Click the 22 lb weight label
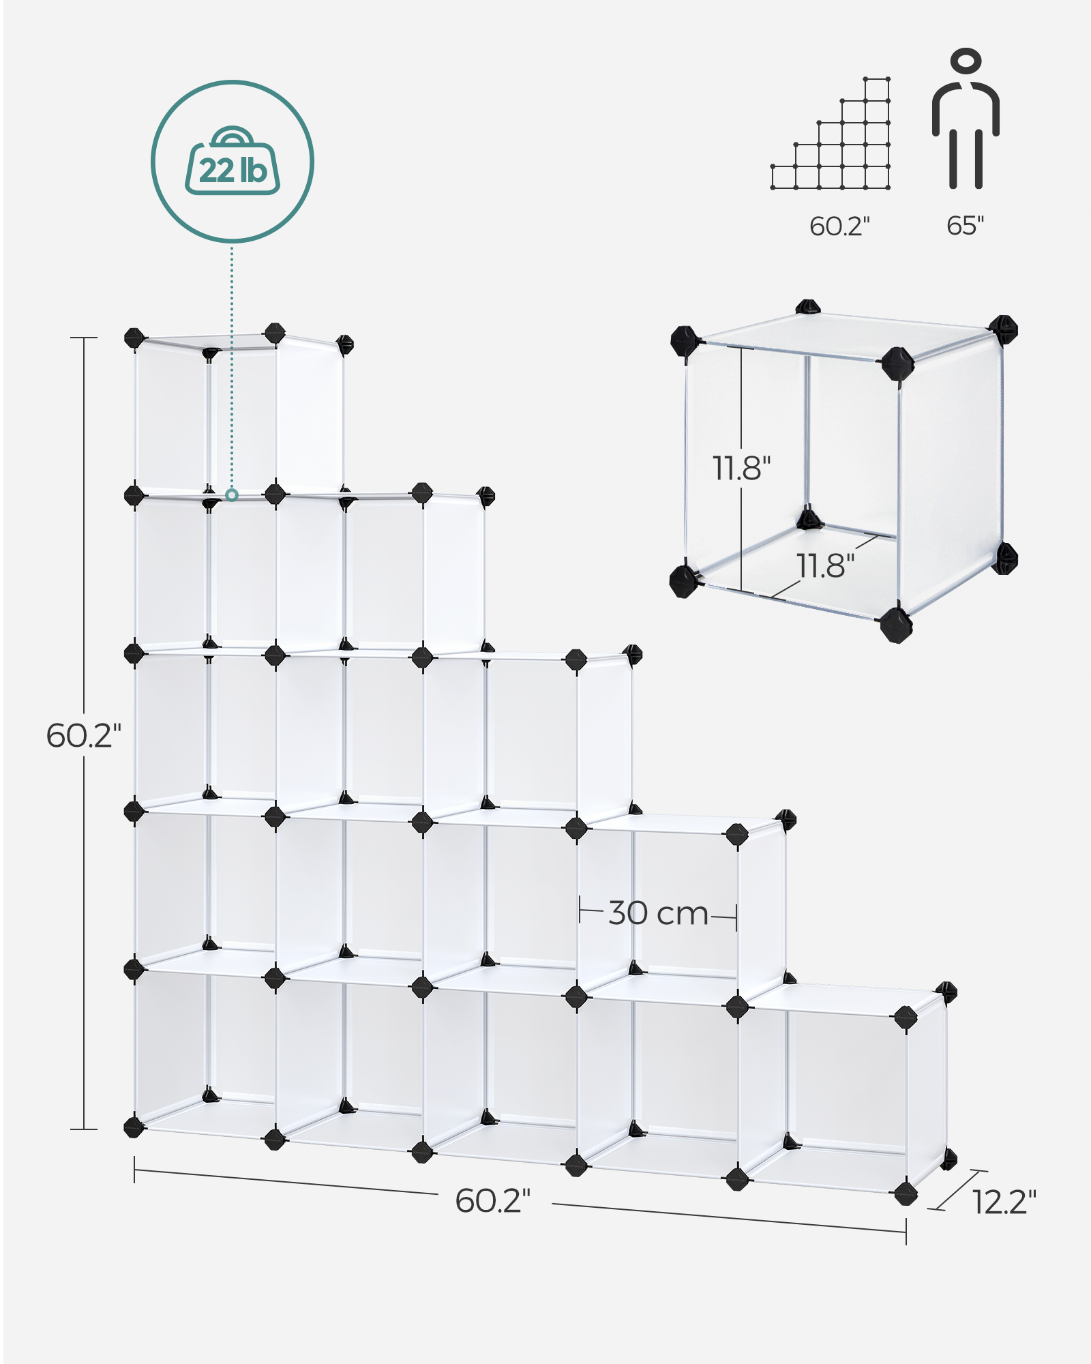pos(233,170)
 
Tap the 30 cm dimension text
pos(658,913)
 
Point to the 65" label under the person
pos(965,226)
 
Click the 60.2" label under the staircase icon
pos(839,226)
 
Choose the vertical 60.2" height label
pos(83,735)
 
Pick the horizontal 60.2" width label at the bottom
pos(492,1200)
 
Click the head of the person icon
pos(966,60)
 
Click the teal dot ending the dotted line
pos(232,494)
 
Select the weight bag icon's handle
pos(233,136)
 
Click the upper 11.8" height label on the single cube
pos(741,468)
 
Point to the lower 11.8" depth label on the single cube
pos(825,565)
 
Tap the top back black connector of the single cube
pos(807,308)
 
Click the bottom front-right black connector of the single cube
pos(896,624)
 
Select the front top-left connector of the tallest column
pos(134,338)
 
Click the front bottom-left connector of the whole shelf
pos(134,1126)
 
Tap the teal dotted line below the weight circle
pos(232,368)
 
